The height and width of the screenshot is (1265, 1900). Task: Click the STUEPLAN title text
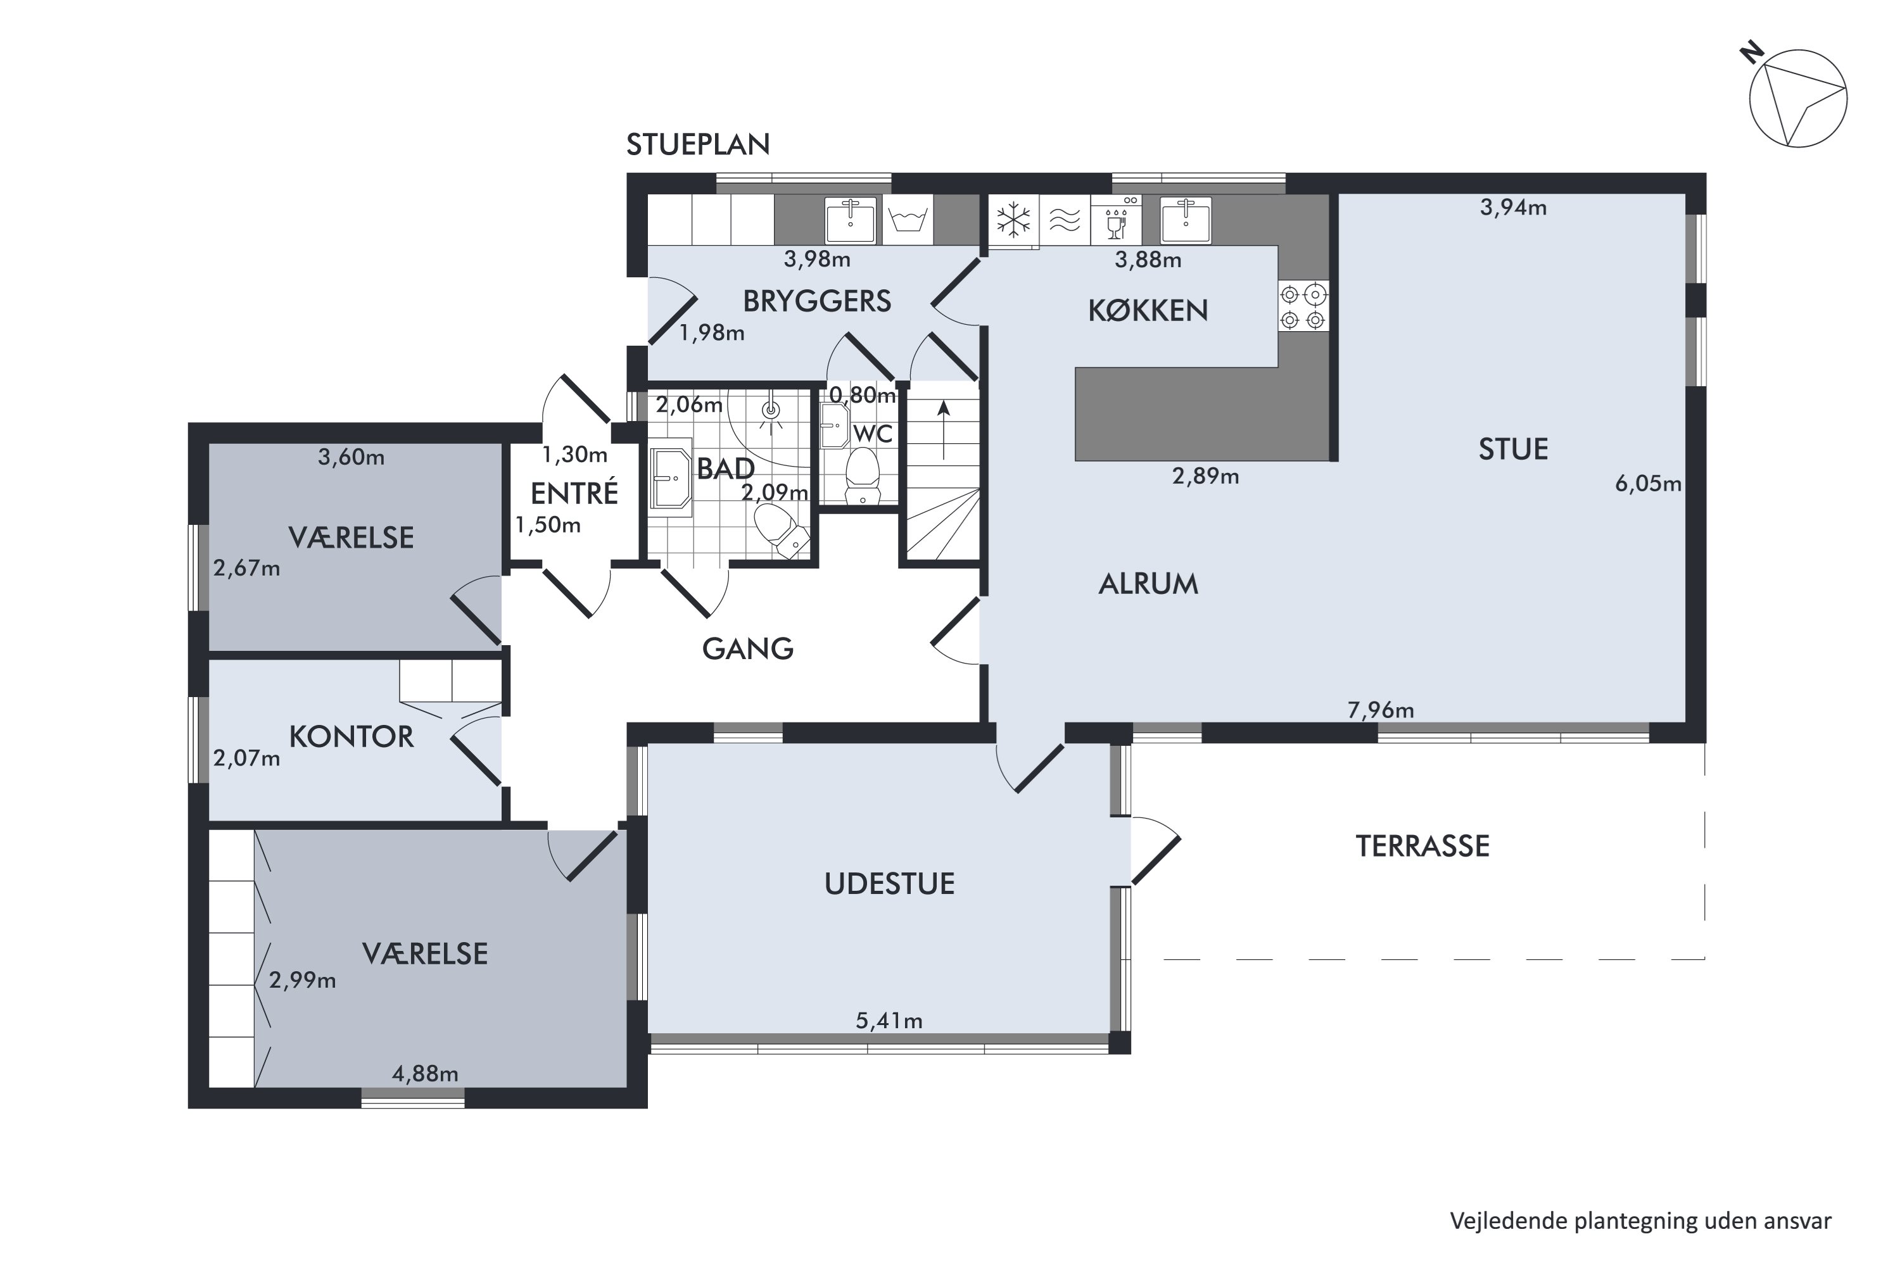[698, 144]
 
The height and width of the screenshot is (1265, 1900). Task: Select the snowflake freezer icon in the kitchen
[1013, 220]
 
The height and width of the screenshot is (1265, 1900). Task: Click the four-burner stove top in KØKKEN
[1303, 306]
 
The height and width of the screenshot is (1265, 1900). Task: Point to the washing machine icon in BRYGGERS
[908, 220]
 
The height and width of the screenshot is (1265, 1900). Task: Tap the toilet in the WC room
[863, 476]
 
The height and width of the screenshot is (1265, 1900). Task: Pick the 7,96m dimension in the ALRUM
[1381, 710]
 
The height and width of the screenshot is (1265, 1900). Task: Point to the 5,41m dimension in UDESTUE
[889, 1021]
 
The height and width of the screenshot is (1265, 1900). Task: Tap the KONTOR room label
[351, 736]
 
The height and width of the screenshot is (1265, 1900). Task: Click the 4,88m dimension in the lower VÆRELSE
[425, 1074]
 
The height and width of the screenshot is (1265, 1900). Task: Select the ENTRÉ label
[574, 493]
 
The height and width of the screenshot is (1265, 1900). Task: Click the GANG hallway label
[748, 648]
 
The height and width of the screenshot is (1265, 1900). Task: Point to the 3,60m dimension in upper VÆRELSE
[351, 457]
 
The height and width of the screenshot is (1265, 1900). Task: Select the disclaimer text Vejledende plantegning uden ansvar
[1641, 1221]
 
